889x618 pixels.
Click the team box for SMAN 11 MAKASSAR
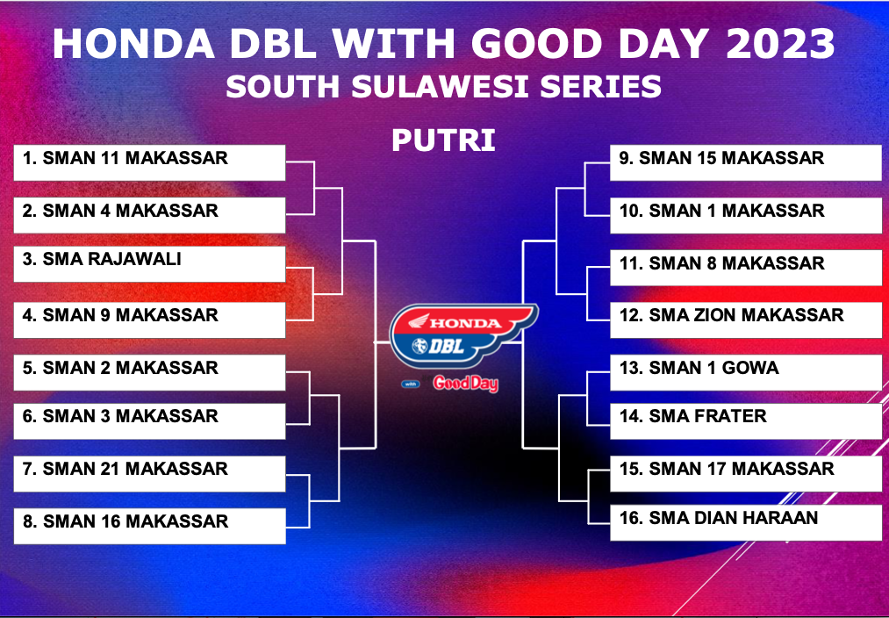149,162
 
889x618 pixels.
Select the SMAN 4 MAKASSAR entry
149,215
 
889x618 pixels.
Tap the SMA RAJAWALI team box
149,263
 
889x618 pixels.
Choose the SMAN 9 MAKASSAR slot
149,320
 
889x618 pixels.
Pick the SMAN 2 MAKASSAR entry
149,372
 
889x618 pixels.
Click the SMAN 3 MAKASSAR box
149,420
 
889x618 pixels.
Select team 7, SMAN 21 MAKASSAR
149,473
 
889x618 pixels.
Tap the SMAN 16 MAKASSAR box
149,526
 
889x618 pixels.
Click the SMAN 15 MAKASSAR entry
746,162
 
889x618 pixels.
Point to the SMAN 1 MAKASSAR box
746,215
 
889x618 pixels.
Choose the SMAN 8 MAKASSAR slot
746,268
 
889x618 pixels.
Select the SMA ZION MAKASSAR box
746,320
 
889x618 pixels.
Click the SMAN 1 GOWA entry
746,372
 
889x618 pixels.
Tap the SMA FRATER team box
746,420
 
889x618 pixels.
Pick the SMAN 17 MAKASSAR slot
746,473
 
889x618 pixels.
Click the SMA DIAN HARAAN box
746,522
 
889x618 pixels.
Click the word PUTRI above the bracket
443,140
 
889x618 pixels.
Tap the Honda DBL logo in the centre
463,335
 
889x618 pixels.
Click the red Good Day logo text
465,384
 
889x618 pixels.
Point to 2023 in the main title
781,44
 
